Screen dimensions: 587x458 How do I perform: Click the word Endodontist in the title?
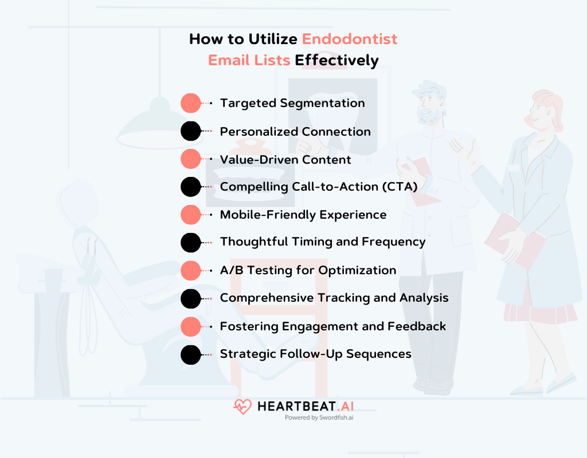point(350,39)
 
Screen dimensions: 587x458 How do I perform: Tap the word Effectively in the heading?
point(336,61)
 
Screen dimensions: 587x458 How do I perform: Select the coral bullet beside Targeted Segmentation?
point(191,103)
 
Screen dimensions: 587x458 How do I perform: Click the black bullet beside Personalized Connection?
point(191,131)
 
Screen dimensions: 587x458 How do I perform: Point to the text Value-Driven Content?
point(285,160)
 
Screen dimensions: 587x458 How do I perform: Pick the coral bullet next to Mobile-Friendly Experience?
point(191,215)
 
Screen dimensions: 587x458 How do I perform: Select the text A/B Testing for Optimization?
point(308,270)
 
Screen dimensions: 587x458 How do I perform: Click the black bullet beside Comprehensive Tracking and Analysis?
point(191,299)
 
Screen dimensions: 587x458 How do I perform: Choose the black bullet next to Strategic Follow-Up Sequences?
point(191,354)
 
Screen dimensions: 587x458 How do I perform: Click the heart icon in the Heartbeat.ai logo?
point(242,406)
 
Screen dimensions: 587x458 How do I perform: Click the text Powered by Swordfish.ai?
point(319,417)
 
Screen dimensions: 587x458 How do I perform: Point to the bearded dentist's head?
point(430,103)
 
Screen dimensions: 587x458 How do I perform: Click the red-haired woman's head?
point(545,110)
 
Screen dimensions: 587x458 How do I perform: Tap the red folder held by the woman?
point(515,240)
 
